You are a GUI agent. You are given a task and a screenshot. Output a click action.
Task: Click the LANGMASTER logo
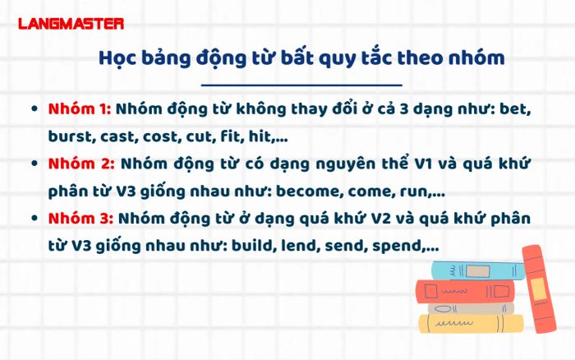(71, 24)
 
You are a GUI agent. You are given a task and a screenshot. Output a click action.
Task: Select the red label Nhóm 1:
(80, 109)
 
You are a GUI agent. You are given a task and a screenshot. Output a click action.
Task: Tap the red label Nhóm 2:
(81, 164)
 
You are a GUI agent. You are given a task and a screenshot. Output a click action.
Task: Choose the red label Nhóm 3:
(81, 219)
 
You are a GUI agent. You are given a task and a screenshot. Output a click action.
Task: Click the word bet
(516, 109)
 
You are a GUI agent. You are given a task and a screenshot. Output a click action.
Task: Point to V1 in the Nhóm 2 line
(425, 164)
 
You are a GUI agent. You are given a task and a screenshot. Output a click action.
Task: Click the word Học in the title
(117, 58)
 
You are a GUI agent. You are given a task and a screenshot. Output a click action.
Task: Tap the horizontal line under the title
(301, 85)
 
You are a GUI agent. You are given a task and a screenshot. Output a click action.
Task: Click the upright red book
(539, 289)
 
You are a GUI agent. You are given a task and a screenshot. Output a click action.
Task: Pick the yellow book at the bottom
(471, 323)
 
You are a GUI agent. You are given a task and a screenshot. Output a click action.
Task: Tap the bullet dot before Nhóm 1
(34, 109)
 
